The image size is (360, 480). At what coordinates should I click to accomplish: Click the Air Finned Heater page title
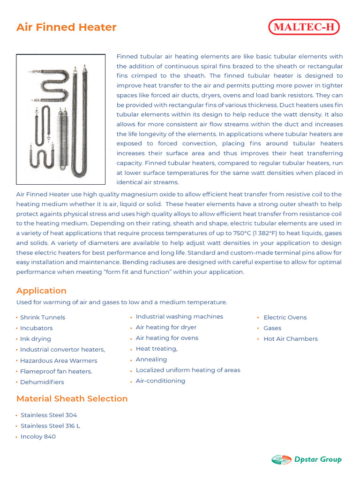[66, 27]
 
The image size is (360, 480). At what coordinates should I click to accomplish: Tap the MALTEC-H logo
[304, 27]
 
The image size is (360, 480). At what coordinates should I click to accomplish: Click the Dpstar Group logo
[307, 459]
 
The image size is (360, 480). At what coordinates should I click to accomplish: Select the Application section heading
[41, 291]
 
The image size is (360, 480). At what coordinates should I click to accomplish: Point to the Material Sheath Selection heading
[72, 398]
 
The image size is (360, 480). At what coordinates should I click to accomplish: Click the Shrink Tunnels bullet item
[42, 317]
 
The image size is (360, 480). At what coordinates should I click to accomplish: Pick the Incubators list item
[36, 328]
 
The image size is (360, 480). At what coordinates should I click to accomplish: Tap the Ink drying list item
[35, 339]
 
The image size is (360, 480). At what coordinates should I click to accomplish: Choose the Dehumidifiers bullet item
[42, 382]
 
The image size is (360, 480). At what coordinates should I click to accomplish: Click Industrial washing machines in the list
[179, 316]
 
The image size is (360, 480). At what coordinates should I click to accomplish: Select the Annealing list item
[151, 360]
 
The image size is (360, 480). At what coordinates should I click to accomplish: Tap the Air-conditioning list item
[160, 381]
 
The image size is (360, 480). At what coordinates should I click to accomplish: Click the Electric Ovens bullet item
[285, 317]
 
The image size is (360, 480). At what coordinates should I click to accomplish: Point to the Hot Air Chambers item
[290, 339]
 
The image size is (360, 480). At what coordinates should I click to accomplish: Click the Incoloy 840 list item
[38, 437]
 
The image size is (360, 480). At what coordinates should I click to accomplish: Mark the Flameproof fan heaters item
[56, 371]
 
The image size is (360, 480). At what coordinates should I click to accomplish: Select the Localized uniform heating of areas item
[187, 370]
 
